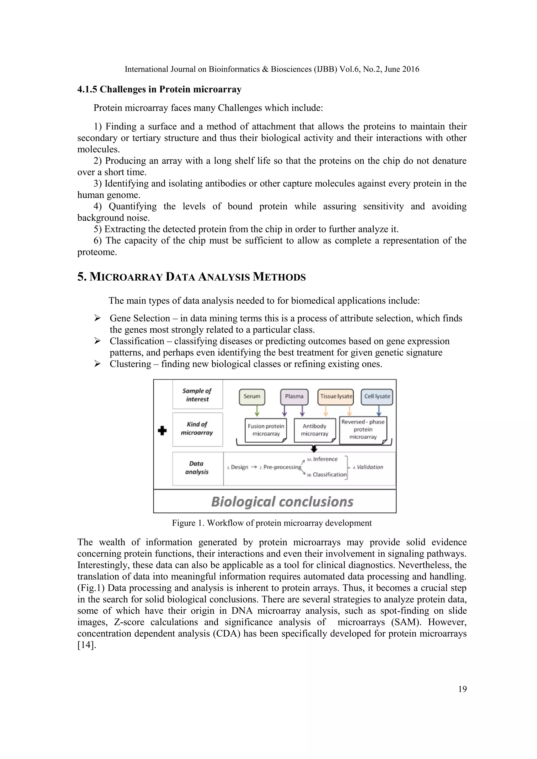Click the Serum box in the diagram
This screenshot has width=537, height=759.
(252, 397)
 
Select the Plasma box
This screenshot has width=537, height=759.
(294, 397)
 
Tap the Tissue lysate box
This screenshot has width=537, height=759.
(336, 397)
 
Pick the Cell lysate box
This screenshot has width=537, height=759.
(377, 397)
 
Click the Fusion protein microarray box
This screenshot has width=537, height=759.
(266, 430)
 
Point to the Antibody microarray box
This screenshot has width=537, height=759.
(314, 430)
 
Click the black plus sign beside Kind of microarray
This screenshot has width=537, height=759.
(162, 431)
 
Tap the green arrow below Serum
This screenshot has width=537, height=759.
(257, 411)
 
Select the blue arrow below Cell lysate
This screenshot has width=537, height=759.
(379, 411)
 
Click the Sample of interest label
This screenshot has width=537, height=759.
(197, 395)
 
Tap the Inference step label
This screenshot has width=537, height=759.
(325, 459)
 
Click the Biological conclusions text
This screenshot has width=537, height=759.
(282, 502)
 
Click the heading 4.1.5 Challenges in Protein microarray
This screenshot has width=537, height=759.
(159, 90)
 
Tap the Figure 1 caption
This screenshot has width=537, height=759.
(271, 523)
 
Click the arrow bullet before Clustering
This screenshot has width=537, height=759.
(97, 364)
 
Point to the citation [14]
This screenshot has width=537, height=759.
(87, 645)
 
